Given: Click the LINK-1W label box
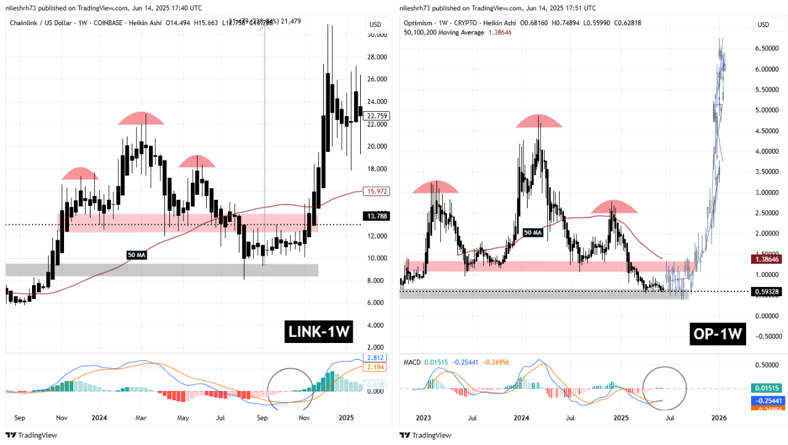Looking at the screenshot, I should tap(319, 333).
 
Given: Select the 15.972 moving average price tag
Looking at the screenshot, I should tap(376, 191).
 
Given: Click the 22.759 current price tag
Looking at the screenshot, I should tap(376, 115).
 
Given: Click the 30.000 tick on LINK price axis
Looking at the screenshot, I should tap(377, 34).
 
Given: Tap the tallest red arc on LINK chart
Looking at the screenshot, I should tap(142, 119).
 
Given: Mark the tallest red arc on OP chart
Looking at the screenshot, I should tap(539, 121).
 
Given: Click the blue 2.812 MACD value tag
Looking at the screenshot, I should tap(376, 358).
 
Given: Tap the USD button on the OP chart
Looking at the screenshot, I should tap(763, 25).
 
